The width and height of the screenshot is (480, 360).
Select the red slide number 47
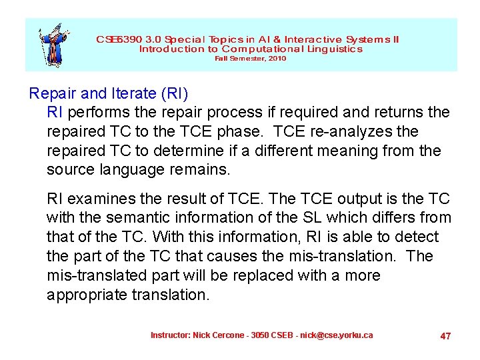coord(445,336)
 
